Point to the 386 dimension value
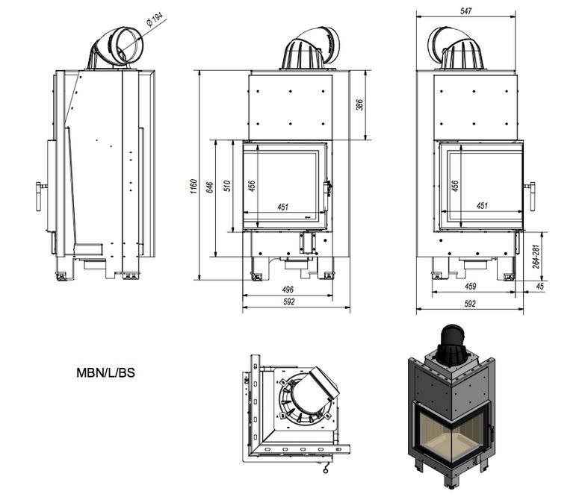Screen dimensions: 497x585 [x=359, y=105]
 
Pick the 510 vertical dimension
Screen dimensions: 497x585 [x=227, y=184]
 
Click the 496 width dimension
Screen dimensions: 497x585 [x=288, y=290]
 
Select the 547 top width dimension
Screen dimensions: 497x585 [x=466, y=11]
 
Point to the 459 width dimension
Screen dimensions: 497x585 [x=471, y=286]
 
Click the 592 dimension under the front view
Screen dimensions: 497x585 [x=289, y=302]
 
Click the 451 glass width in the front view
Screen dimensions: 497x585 [x=283, y=207]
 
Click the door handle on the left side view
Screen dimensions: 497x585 [x=39, y=195]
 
